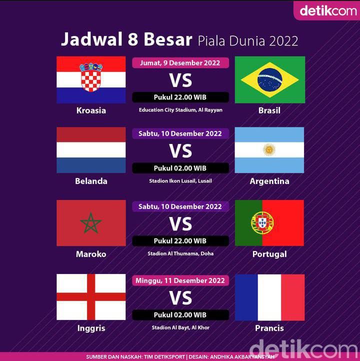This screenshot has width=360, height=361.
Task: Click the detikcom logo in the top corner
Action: coord(328,10)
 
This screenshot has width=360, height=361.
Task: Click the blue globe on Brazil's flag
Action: coord(270,80)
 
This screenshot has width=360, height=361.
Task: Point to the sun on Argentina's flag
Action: coord(269,149)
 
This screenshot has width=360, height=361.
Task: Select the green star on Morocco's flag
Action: coord(91,223)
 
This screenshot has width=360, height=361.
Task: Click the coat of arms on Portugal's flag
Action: coord(262,222)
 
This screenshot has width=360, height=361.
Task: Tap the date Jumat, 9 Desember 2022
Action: coord(180,63)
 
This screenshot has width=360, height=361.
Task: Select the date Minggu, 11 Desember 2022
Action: coord(180,280)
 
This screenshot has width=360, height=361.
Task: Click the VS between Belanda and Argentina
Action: coord(180,151)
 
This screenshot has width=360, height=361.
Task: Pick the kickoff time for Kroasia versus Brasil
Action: coord(180,97)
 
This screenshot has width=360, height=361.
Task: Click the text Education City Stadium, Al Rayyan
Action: coord(180,110)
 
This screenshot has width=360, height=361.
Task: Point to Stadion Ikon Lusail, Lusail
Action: coord(180,181)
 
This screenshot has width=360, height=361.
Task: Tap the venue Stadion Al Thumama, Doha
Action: coord(180,253)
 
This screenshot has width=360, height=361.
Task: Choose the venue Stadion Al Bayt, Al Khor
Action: coord(180,327)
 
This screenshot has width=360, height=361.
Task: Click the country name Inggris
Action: coord(91,328)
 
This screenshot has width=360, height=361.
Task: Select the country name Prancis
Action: coord(269,328)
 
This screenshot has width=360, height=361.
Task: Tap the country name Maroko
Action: coord(91,254)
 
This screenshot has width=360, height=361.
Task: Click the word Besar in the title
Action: coord(168,39)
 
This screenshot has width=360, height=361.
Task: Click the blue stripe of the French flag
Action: coord(246,297)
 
